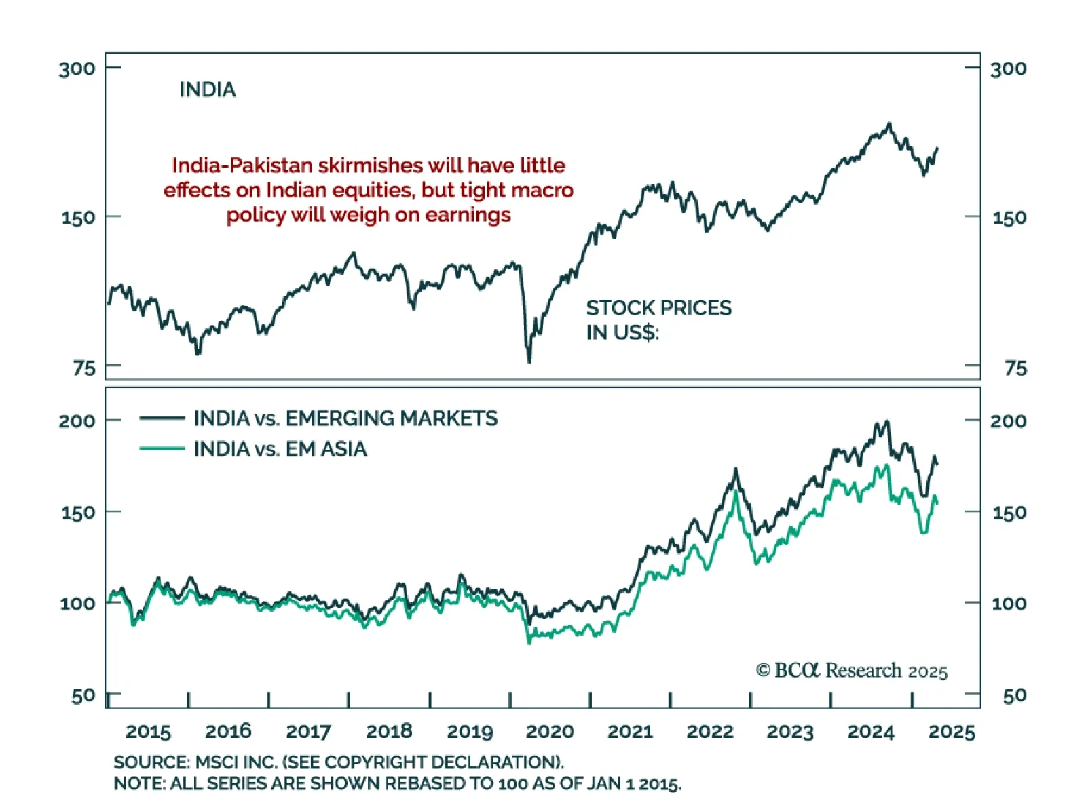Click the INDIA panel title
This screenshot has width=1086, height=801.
(x=207, y=90)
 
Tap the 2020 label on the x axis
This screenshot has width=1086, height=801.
(x=550, y=731)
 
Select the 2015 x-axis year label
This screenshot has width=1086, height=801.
(x=148, y=731)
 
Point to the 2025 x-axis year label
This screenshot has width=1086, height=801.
(x=952, y=731)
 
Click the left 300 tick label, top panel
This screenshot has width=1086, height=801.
(x=77, y=69)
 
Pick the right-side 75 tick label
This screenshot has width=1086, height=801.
(x=1015, y=368)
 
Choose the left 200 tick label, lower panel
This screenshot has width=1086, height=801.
(x=77, y=421)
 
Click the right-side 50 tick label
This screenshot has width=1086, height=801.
(x=1015, y=695)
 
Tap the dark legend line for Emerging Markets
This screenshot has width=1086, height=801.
(x=162, y=418)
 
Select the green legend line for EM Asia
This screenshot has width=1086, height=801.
(x=162, y=448)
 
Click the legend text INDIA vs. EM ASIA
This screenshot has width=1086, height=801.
(x=280, y=449)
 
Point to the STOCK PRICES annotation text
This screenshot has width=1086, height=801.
(x=658, y=309)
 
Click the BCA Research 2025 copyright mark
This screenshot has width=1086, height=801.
(x=852, y=671)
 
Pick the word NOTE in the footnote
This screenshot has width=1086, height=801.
(x=139, y=784)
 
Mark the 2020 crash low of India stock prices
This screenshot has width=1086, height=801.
(x=529, y=362)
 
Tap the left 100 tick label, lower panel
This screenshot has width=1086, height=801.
(x=77, y=603)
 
